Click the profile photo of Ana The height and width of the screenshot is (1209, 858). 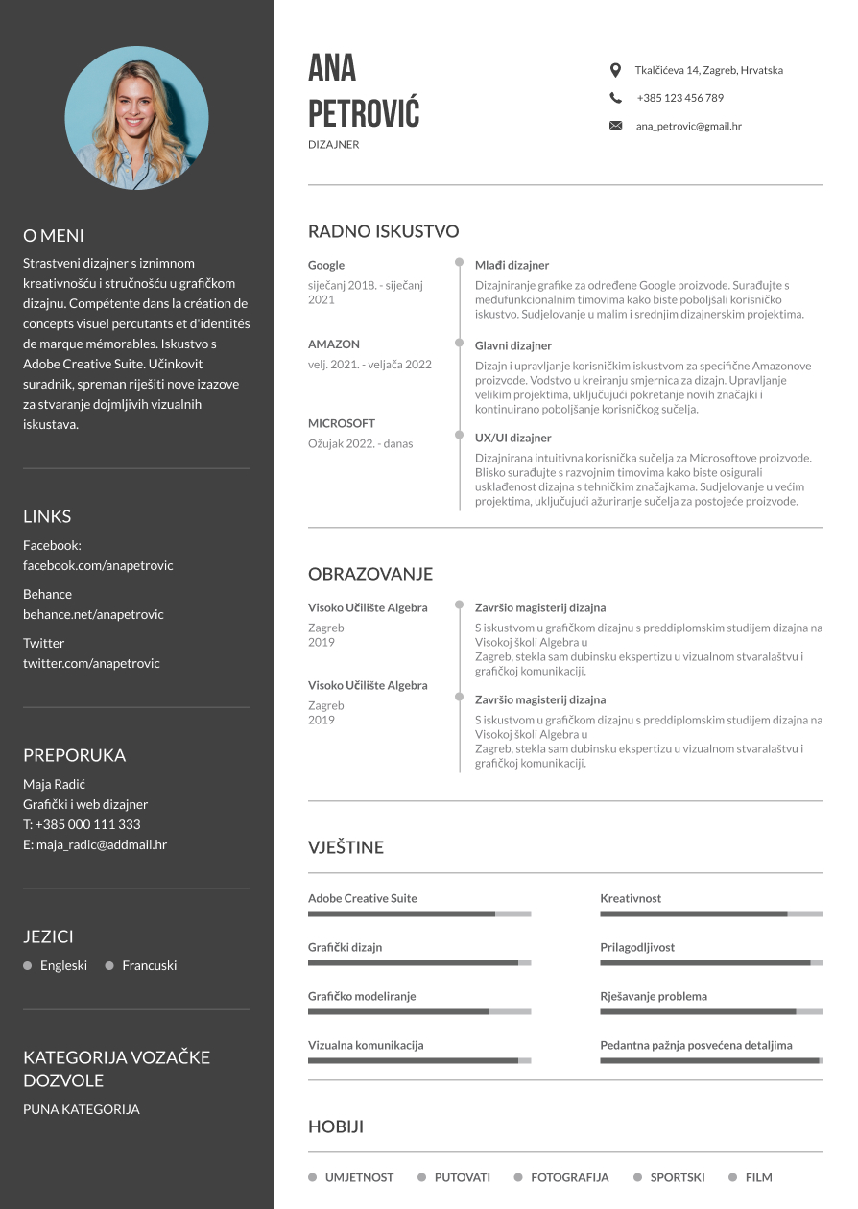coord(136,118)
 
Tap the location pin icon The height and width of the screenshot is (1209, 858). coord(615,70)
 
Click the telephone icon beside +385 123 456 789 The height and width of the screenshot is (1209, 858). coord(615,98)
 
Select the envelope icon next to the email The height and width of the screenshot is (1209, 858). coord(615,126)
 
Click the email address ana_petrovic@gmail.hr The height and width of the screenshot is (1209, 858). coord(688,126)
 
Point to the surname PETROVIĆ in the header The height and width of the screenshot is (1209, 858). coord(364,113)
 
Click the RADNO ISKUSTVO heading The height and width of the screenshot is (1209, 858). coord(383,231)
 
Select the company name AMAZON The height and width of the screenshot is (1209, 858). coord(334,344)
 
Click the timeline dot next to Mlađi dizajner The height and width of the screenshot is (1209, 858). coord(459,262)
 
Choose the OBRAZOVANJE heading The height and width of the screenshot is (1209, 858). coord(369,574)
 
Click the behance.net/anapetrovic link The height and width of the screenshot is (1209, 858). coord(93,614)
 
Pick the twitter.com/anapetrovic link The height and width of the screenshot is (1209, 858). coord(91,663)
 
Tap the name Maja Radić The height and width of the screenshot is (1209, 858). coord(54,784)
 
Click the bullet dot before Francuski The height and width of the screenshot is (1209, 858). coord(109,965)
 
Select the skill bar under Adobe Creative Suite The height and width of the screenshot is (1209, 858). coord(418,914)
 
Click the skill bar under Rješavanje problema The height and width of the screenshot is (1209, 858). coord(711,1011)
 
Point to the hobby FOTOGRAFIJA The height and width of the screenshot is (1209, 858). coord(569,1177)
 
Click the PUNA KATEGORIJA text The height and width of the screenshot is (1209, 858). coord(82,1109)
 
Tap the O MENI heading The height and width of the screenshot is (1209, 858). coord(54,235)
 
